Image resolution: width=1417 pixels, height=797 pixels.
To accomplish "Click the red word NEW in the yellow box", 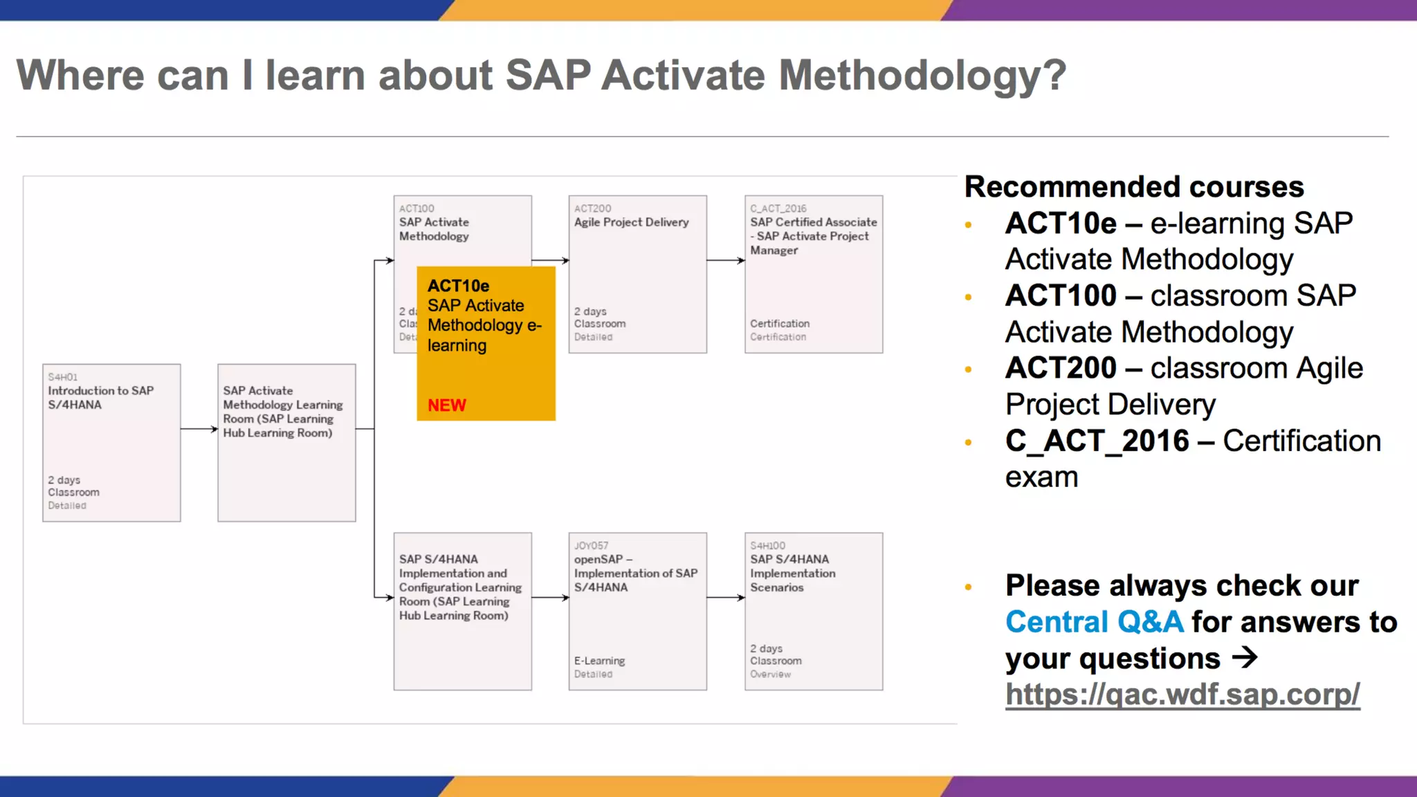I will pos(446,405).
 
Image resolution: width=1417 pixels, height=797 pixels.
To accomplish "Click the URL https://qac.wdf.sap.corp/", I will pos(1182,694).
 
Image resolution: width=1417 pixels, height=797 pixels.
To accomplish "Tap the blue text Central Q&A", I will pos(1094,621).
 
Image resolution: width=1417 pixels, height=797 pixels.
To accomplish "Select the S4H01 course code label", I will pos(62,377).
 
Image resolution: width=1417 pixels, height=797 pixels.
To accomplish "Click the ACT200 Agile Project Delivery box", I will pos(637,274).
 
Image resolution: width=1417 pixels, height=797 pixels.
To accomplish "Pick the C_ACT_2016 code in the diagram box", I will pos(778,208).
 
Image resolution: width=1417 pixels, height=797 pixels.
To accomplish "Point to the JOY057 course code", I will pos(591,546).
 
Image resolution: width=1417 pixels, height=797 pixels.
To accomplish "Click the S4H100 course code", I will pos(767,546).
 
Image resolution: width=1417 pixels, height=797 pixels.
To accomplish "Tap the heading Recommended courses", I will pos(1133,187).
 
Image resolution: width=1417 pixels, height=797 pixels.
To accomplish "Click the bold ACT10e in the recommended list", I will pos(1061,223).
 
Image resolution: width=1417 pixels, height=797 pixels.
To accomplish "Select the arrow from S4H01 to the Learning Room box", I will pos(199,429).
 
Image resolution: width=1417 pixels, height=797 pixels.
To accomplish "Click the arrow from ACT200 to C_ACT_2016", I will pos(726,261).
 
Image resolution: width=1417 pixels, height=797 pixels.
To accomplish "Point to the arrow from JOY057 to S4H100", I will pos(726,598).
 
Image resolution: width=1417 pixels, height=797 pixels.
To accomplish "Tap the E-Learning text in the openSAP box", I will pos(599,661).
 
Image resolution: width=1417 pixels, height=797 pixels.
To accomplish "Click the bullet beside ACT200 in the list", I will pos(968,369).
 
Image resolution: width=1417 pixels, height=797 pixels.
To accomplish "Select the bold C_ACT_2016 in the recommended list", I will pos(1097,441).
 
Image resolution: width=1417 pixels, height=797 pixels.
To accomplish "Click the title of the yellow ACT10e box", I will pos(458,286).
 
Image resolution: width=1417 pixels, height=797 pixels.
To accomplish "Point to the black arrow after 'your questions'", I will pos(1245,657).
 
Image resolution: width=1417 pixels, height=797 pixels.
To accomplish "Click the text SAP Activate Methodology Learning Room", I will pos(282,412).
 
